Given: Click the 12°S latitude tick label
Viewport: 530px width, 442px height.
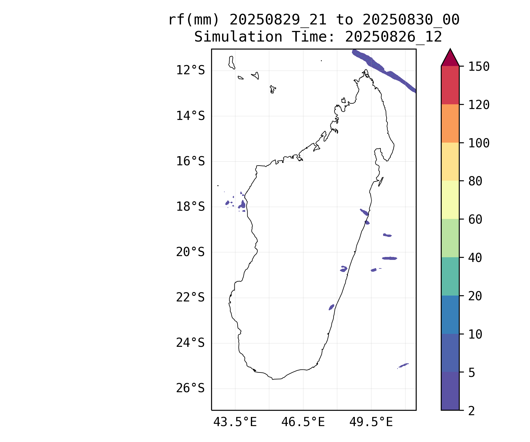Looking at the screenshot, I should pos(190,70).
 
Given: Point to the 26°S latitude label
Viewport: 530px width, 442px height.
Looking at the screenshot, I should pos(190,388).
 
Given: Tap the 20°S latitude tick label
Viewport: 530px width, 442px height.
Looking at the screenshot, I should pos(190,252).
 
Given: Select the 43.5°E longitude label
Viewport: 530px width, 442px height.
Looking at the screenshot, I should pos(235,422).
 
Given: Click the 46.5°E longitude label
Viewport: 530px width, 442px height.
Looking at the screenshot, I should pos(303,422).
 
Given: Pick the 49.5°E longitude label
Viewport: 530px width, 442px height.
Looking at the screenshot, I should pos(371,422).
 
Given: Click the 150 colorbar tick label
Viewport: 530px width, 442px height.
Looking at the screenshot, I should pos(479,67).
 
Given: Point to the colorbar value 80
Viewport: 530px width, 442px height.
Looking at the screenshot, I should pos(475,181).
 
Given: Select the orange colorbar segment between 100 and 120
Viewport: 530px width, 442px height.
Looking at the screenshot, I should pos(450,123).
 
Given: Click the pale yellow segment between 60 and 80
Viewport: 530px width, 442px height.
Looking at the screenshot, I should pos(450,200).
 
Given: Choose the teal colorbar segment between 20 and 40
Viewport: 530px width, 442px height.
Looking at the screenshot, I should pos(450,276).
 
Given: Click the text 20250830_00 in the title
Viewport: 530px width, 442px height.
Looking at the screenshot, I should pos(411,20).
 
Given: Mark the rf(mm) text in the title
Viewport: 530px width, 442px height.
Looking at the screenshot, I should pos(194,20).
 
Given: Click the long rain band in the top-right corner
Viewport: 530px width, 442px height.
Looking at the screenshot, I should pos(383,69).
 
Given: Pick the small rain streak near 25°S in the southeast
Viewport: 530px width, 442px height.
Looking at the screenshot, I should pos(403,365).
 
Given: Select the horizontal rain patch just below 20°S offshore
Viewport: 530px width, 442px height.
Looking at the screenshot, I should pos(390,258).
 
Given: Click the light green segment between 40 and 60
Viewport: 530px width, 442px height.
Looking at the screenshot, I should pos(450,238).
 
